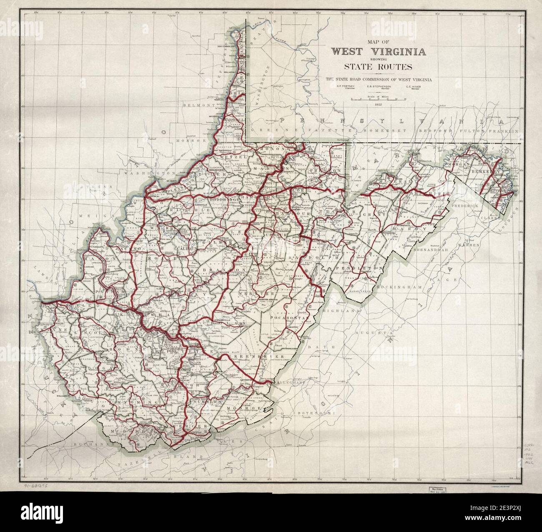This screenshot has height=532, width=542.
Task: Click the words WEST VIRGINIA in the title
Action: [379, 52]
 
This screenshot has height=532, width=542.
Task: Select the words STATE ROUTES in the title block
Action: [378, 66]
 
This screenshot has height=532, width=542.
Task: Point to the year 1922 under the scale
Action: [379, 104]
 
